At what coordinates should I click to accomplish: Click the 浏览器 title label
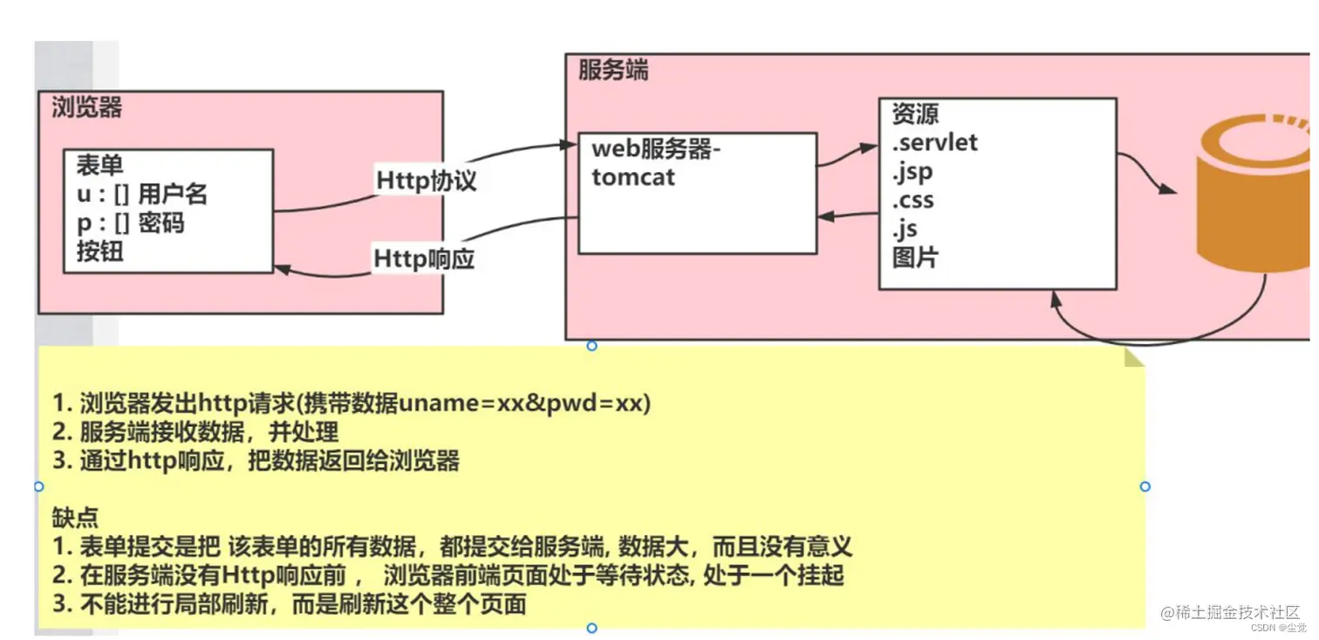point(86,107)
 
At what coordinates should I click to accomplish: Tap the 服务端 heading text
point(613,70)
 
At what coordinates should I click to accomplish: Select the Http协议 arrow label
point(427,181)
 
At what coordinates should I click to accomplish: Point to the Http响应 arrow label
point(424,259)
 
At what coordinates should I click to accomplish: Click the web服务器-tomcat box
point(697,193)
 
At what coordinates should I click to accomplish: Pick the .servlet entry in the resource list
point(935,142)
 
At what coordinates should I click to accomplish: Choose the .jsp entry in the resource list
point(912,172)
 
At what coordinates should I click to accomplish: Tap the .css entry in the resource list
point(913,200)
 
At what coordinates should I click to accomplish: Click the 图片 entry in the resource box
point(915,258)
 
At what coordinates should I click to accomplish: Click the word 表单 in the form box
point(99,165)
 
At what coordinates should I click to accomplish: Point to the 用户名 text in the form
point(173,194)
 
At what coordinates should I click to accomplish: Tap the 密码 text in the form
point(161,224)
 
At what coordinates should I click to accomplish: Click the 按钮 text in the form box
point(99,252)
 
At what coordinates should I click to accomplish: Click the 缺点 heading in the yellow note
point(76,518)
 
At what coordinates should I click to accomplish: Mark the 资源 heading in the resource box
point(915,114)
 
